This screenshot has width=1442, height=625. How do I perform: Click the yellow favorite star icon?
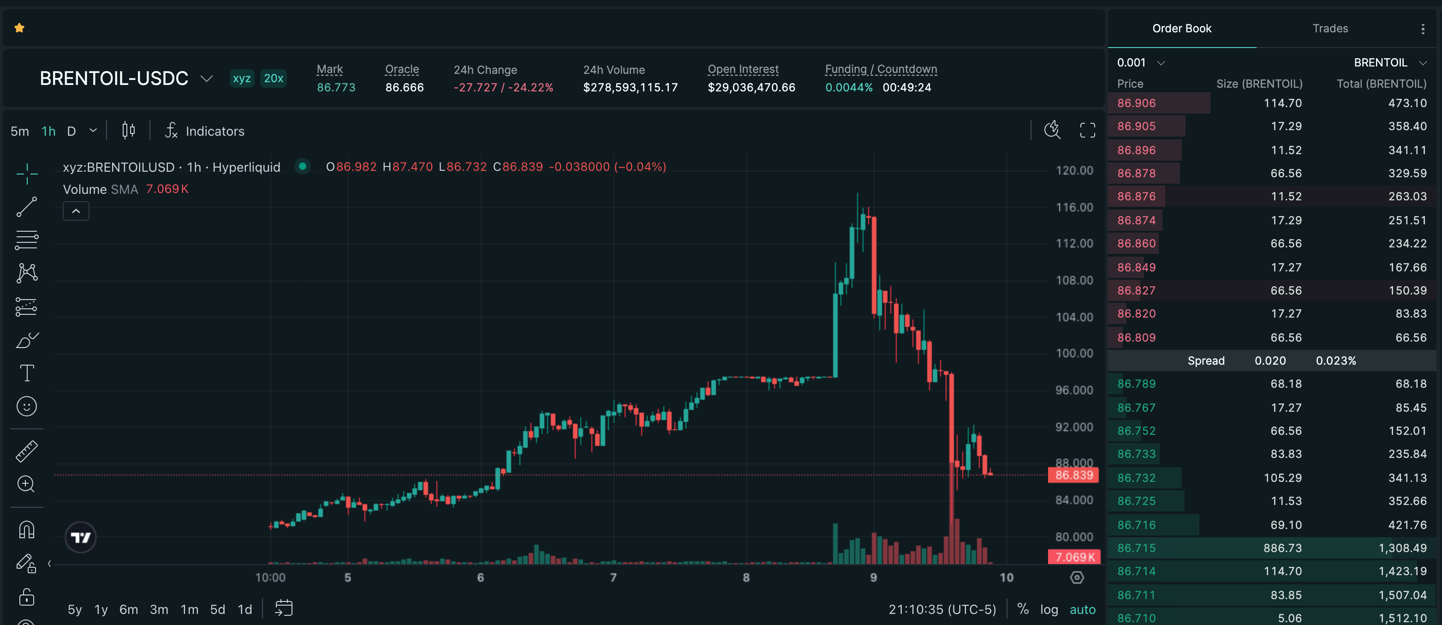point(19,28)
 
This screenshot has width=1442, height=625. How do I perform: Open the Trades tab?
point(1329,29)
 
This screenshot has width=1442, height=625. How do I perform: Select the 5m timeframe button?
point(19,131)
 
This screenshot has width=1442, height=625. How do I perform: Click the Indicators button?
point(205,131)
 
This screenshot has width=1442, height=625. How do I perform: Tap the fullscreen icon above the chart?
point(1087,131)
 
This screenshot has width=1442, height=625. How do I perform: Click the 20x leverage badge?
point(273,78)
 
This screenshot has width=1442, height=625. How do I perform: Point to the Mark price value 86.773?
point(336,87)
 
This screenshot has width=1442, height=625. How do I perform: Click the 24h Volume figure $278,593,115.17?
point(630,87)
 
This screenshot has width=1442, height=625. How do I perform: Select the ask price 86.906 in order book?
point(1136,103)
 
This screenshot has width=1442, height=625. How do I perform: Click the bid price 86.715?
point(1136,548)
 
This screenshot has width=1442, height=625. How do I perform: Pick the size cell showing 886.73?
point(1282,548)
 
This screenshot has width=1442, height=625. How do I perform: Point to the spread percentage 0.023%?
point(1335,361)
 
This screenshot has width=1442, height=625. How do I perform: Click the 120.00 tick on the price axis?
point(1074,170)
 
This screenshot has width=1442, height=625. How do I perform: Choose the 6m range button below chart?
point(128,609)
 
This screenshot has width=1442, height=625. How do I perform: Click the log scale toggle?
point(1049,609)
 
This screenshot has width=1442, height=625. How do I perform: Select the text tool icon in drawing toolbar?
point(27,373)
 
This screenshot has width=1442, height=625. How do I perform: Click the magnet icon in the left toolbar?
point(27,529)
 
